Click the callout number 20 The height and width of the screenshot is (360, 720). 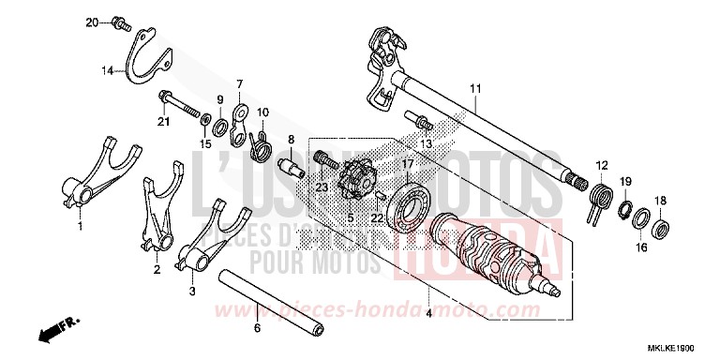click(x=92, y=21)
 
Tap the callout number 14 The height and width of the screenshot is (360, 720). click(x=108, y=69)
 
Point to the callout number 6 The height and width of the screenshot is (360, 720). click(x=257, y=328)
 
